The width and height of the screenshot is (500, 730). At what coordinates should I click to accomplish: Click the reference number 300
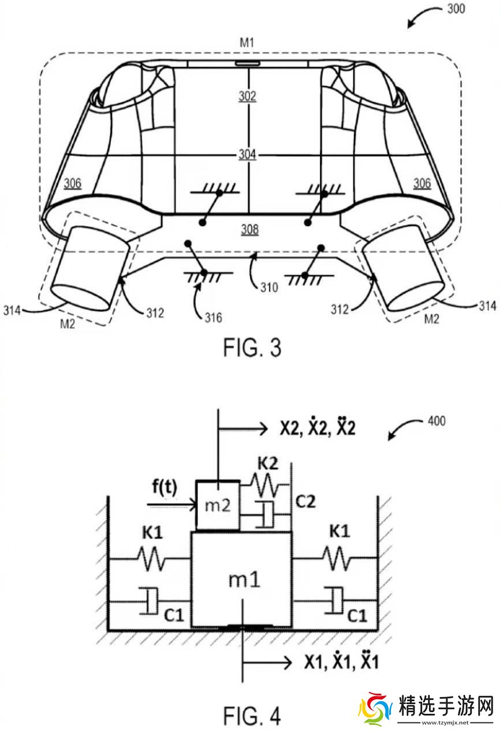coord(456,9)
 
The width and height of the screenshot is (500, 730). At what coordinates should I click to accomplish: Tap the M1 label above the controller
coord(247,42)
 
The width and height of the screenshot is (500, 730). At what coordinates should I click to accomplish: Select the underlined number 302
coord(247,96)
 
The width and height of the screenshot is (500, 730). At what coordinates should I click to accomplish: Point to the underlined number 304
coord(247,154)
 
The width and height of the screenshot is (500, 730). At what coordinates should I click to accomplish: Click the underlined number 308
coord(250,229)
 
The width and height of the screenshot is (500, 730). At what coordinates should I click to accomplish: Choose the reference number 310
coord(269,287)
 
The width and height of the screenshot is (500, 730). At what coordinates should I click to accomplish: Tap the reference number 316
coord(214,317)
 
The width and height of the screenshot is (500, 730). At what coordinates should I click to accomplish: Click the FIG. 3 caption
coord(252,348)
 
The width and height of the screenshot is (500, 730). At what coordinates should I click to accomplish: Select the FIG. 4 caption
coord(252,716)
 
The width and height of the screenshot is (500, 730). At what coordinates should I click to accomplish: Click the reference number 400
coord(436,421)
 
